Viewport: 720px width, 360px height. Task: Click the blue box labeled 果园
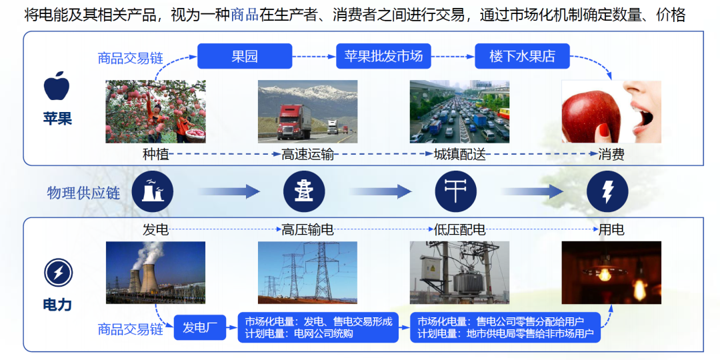(x=245, y=56)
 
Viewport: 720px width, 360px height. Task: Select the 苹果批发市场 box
(x=383, y=56)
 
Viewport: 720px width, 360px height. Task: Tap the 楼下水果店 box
(x=522, y=56)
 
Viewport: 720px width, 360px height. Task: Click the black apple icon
(x=57, y=87)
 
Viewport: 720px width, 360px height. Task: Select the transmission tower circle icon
(x=303, y=191)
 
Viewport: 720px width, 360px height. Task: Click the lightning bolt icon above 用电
(x=607, y=191)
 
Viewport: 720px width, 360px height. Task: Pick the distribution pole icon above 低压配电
(x=456, y=191)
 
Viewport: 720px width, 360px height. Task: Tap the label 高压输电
(x=307, y=230)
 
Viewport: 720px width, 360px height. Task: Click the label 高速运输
(x=307, y=155)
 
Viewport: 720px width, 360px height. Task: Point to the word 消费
(x=611, y=155)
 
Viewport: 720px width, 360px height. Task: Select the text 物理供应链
(x=83, y=193)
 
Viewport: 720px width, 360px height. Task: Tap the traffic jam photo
(x=459, y=111)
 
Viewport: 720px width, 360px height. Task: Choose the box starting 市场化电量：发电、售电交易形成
(x=319, y=327)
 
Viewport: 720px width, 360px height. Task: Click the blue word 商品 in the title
(x=244, y=15)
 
